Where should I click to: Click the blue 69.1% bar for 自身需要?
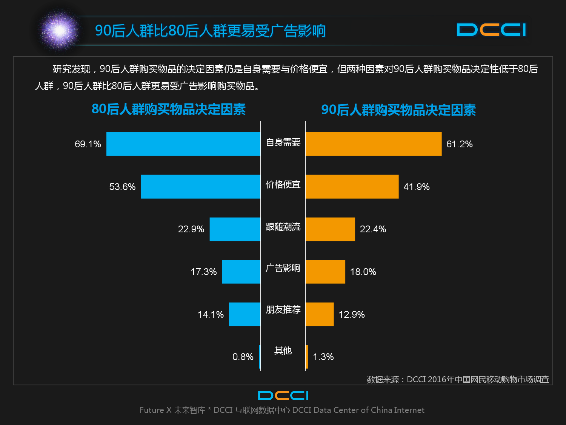pyautogui.click(x=183, y=144)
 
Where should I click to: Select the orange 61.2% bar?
pyautogui.click(x=373, y=144)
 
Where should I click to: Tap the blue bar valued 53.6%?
pyautogui.click(x=201, y=187)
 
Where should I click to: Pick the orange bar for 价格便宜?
pyautogui.click(x=352, y=187)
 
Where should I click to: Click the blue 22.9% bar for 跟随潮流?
pyautogui.click(x=235, y=229)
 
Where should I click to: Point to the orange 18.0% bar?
pyautogui.click(x=325, y=272)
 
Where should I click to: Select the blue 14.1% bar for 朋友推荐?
pyautogui.click(x=245, y=314)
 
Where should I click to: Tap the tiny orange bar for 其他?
pyautogui.click(x=307, y=357)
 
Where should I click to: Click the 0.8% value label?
pyautogui.click(x=243, y=357)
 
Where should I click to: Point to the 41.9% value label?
pyautogui.click(x=417, y=187)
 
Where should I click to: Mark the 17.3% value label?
pyautogui.click(x=203, y=272)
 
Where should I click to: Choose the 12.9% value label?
pyautogui.click(x=352, y=314)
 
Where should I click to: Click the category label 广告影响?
pyautogui.click(x=283, y=268)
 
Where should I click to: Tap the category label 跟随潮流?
pyautogui.click(x=283, y=227)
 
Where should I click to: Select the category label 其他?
pyautogui.click(x=283, y=351)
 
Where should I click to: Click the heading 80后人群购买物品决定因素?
pyautogui.click(x=169, y=109)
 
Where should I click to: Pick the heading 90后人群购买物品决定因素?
pyautogui.click(x=398, y=110)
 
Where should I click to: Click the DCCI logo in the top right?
pyautogui.click(x=491, y=30)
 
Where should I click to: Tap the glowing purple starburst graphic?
pyautogui.click(x=59, y=30)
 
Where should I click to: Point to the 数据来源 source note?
pyautogui.click(x=458, y=379)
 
